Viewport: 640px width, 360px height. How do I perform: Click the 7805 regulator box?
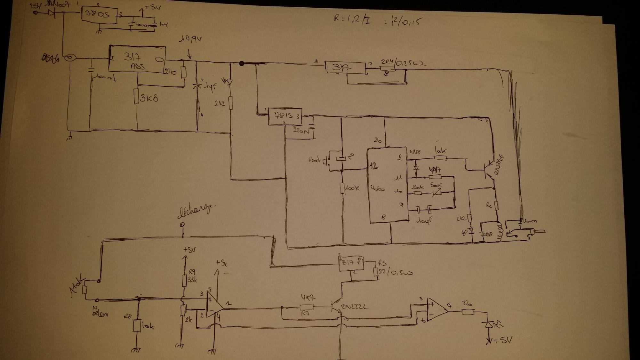[x=99, y=14]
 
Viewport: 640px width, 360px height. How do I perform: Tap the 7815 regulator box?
[x=284, y=117]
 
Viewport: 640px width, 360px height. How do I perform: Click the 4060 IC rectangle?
[x=387, y=186]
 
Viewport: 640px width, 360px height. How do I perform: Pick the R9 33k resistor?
[x=184, y=281]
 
